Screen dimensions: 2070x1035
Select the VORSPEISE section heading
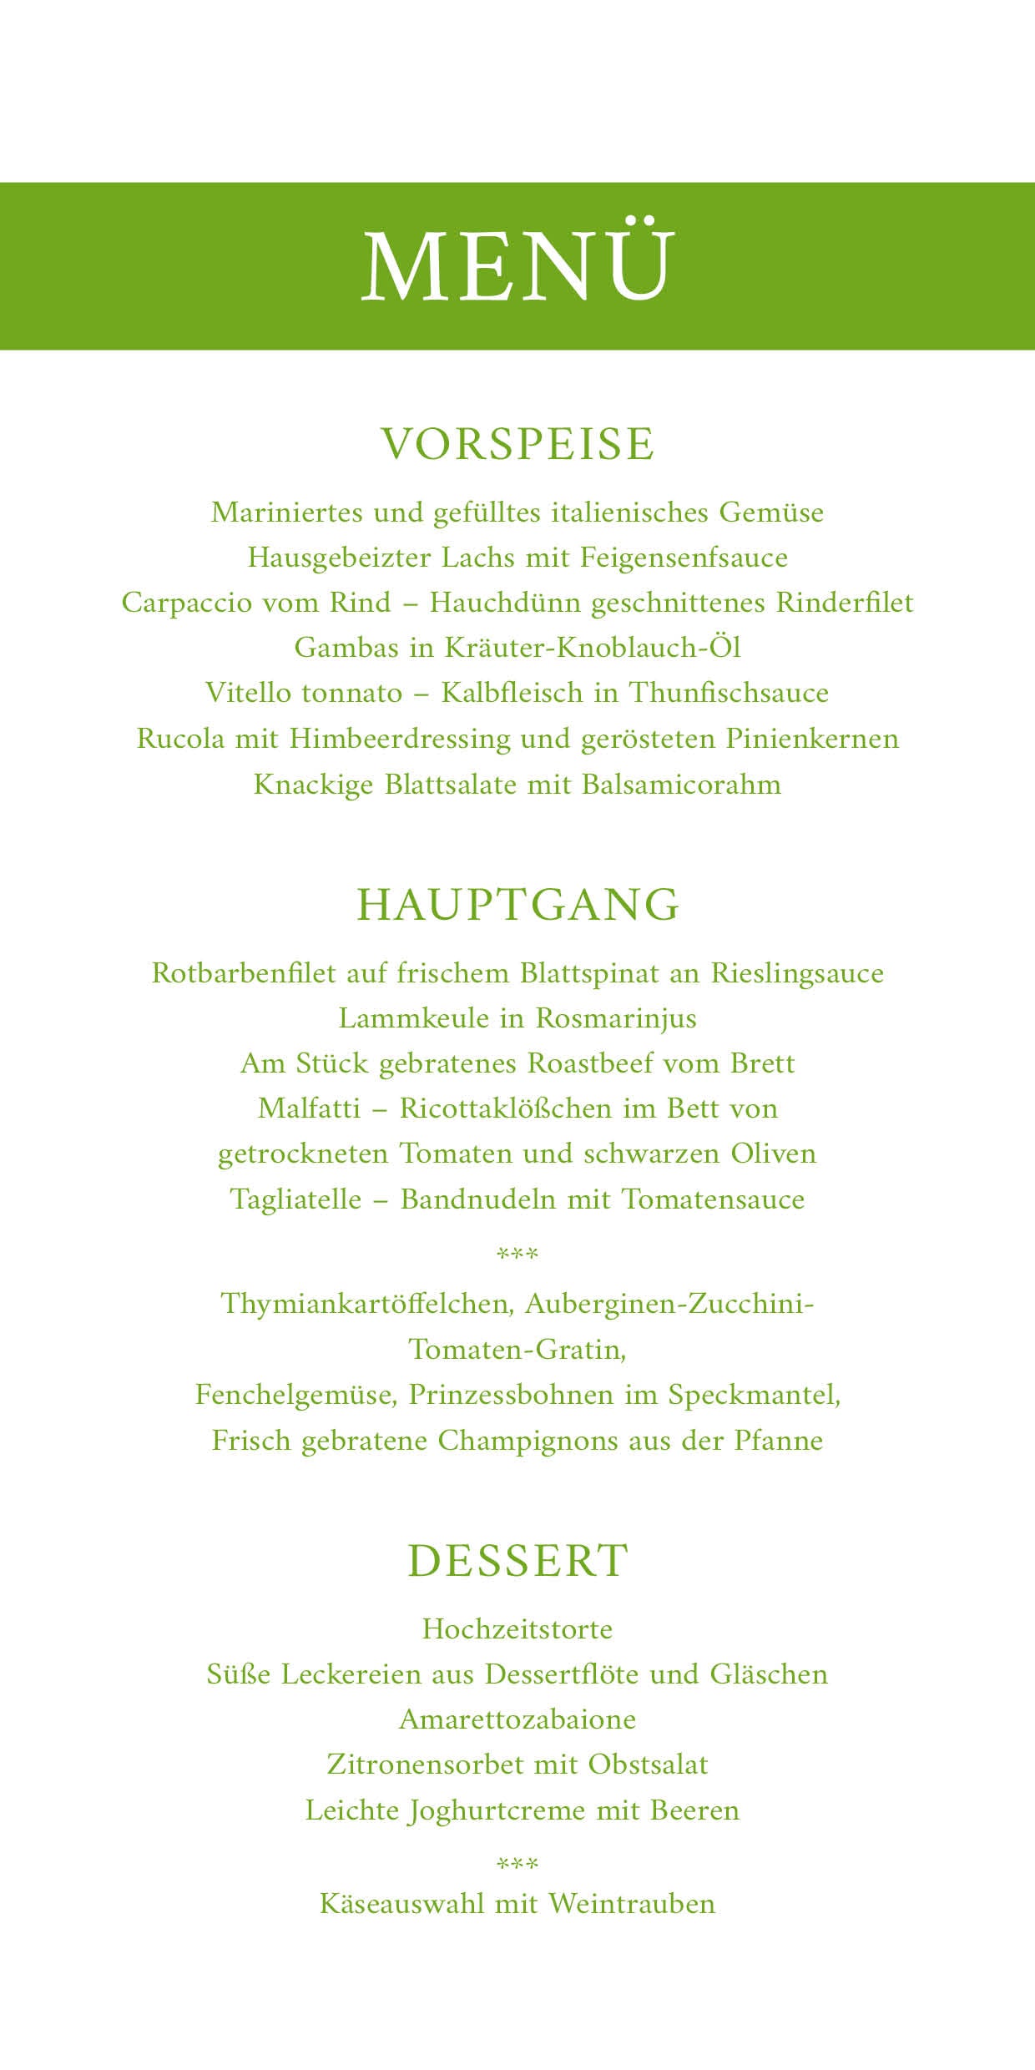coord(517,443)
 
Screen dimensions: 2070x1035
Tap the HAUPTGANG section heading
coord(517,905)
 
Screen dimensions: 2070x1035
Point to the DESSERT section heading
coord(517,1560)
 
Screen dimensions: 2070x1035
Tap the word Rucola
coord(180,739)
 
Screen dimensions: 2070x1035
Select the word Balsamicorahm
coord(681,785)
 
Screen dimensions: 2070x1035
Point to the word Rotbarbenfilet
coord(244,973)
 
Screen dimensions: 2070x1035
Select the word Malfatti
coord(309,1108)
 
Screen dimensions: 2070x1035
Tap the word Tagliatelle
coord(296,1199)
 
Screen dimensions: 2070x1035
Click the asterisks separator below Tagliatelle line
coord(517,1254)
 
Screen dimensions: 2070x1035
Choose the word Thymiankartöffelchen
coord(366,1304)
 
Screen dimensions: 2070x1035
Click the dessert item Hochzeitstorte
coord(517,1628)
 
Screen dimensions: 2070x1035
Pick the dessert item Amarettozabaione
coord(517,1719)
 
